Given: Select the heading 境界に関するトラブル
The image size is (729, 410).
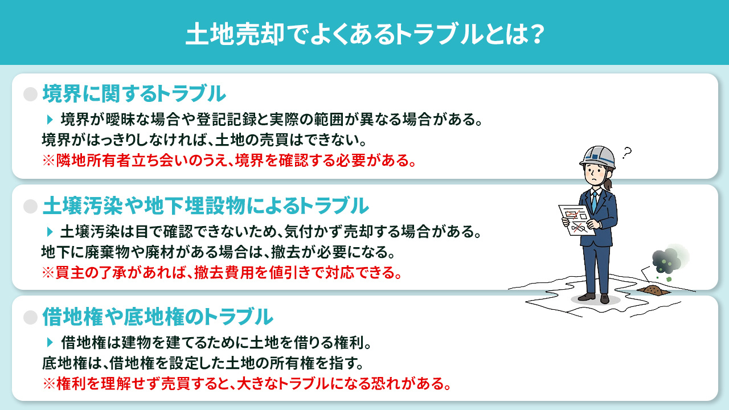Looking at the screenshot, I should (134, 93).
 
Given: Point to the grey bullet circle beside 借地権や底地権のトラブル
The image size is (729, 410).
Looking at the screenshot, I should (30, 316).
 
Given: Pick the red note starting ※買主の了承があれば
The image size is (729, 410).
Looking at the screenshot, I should (221, 272).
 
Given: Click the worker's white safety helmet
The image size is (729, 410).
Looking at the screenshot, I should (597, 155).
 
